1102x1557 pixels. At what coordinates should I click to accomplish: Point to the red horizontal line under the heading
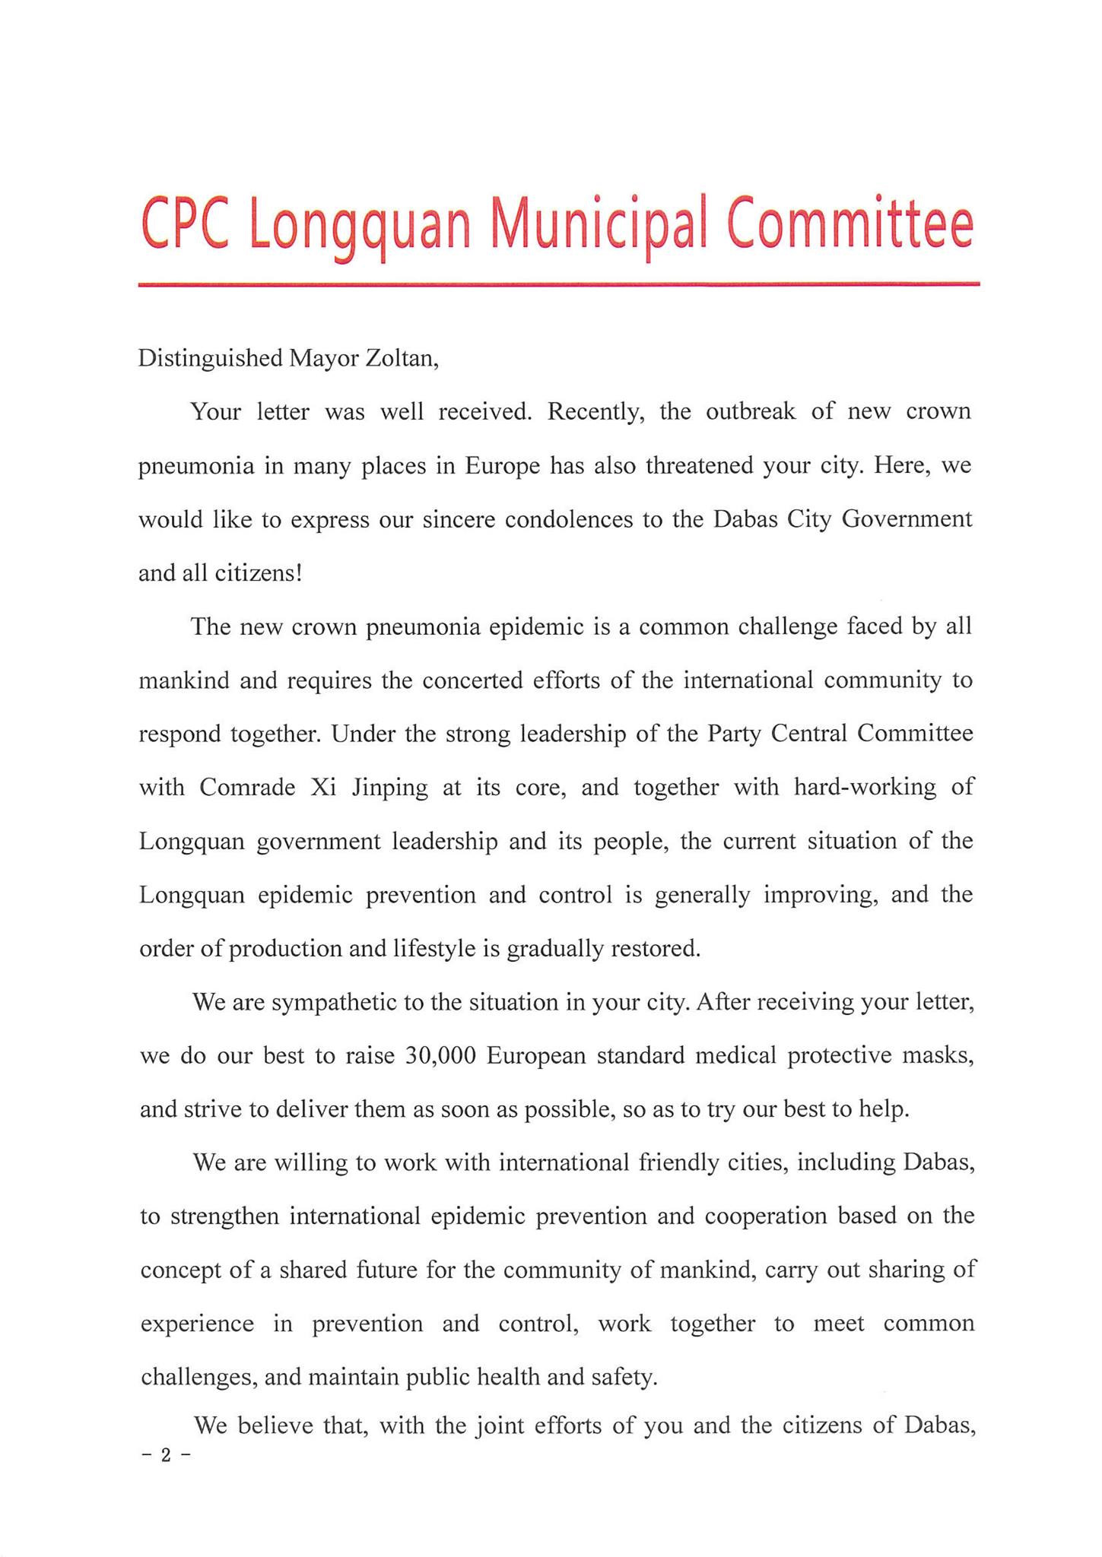pyautogui.click(x=558, y=284)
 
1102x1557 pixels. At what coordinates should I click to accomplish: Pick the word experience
pyautogui.click(x=197, y=1324)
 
